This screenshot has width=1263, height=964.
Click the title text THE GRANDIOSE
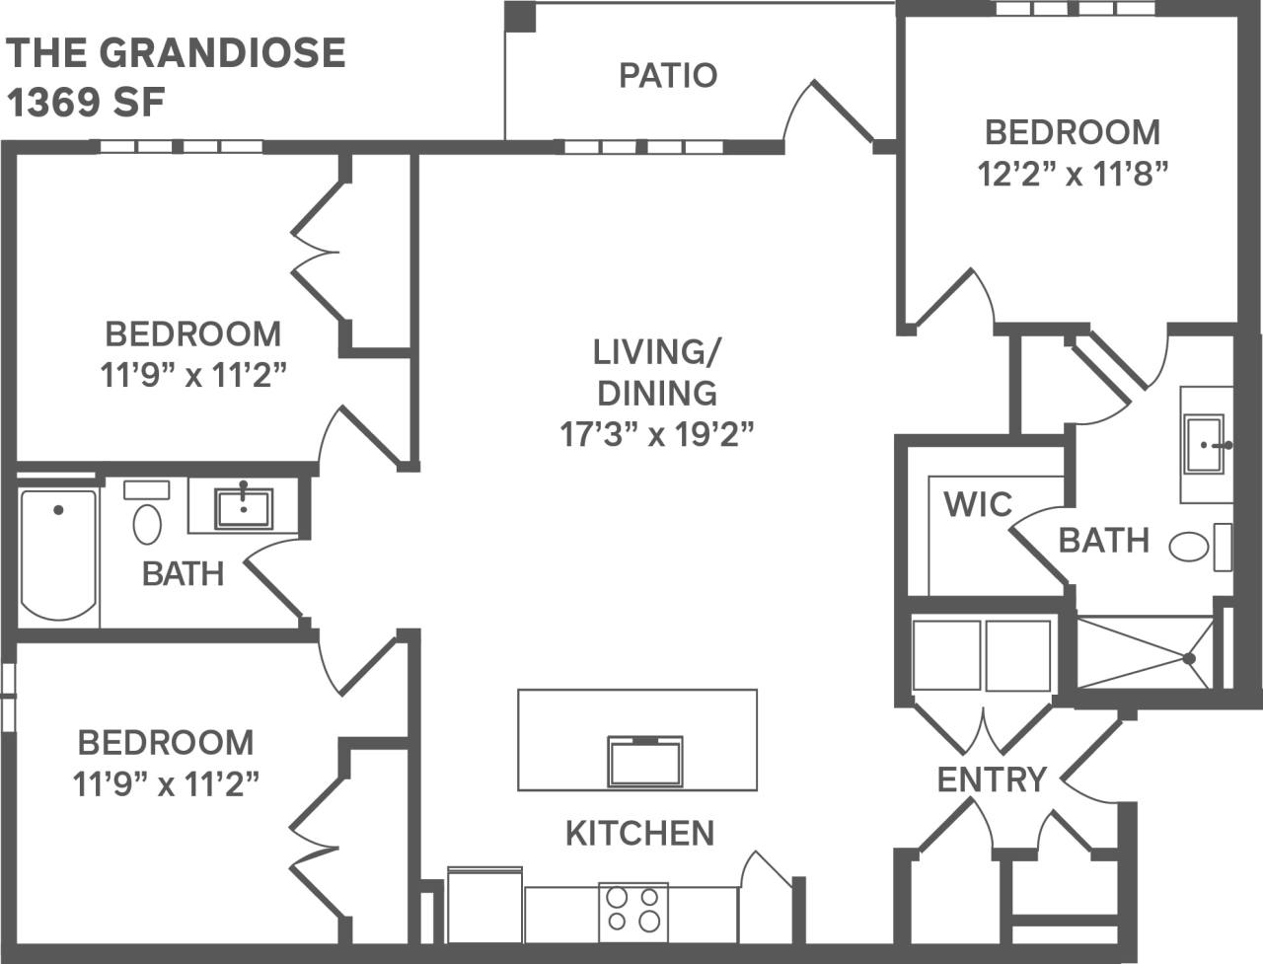177,52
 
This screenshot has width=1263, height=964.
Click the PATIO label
668,75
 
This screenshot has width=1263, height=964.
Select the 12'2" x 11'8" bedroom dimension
1073,174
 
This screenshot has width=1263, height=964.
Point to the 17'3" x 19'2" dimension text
657,434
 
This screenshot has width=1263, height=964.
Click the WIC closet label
977,504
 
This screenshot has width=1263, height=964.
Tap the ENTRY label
991,779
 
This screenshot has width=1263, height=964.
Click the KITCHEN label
639,833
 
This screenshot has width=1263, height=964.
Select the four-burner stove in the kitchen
633,911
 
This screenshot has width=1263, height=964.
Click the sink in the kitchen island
643,761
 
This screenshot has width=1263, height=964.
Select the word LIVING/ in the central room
657,351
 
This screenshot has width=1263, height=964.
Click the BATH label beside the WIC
1103,540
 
